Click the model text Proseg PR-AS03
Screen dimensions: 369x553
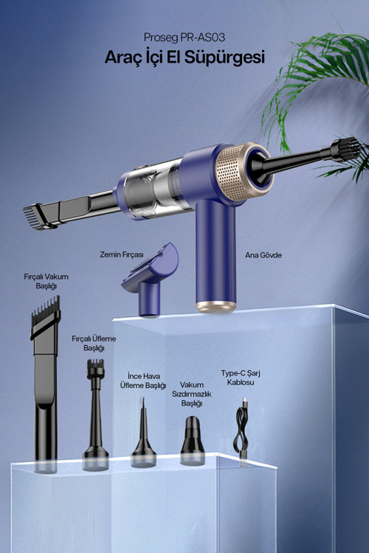[184, 38]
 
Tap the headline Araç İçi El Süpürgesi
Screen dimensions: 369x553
[184, 57]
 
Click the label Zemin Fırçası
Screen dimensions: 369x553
[122, 254]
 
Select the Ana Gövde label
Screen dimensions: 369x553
[263, 255]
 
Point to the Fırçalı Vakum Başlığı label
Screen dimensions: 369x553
[46, 282]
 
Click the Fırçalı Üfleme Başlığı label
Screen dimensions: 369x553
[94, 343]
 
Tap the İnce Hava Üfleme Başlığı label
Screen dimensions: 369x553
[143, 381]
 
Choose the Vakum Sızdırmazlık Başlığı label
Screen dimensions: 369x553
[192, 394]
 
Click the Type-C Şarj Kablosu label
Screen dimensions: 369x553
[241, 378]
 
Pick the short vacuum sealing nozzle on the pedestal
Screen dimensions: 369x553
[193, 440]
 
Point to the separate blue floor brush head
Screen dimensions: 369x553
[150, 279]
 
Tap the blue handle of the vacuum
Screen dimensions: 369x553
[215, 254]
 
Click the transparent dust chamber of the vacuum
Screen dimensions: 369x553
[152, 189]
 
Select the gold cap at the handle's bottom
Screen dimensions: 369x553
[216, 307]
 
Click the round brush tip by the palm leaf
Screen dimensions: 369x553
[345, 148]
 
